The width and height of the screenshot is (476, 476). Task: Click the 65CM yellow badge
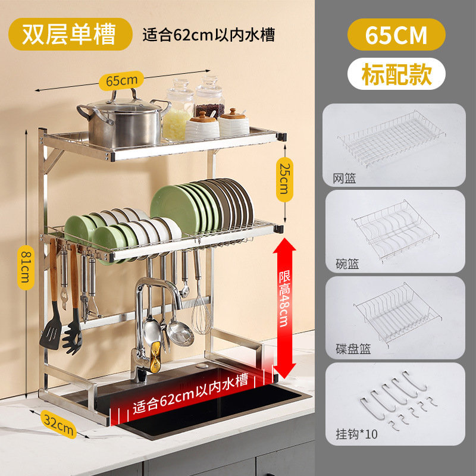tap(396, 35)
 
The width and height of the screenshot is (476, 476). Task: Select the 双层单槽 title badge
tap(70, 35)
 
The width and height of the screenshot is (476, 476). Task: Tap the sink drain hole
tap(208, 364)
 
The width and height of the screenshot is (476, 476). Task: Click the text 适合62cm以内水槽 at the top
tap(208, 35)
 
